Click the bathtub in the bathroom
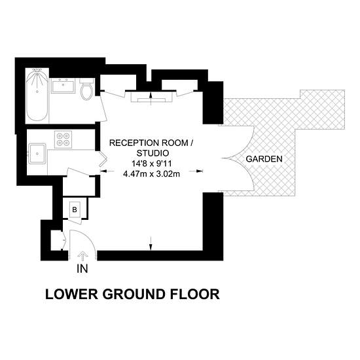(x=37, y=95)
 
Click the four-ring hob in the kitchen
(x=63, y=139)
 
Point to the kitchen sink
(x=37, y=154)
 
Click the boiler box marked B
(x=75, y=209)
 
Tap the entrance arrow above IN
(x=82, y=256)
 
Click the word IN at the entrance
(x=82, y=269)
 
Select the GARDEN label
(x=264, y=159)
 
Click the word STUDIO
(x=153, y=153)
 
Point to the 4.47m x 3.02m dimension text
(x=152, y=174)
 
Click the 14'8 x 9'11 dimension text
(x=152, y=164)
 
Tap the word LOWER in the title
(x=72, y=294)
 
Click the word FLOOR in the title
(x=194, y=294)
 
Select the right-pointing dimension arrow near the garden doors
(x=196, y=171)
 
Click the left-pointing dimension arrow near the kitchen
(x=107, y=171)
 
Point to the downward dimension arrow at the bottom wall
(x=151, y=243)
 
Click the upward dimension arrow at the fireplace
(x=151, y=98)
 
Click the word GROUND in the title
(x=134, y=294)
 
